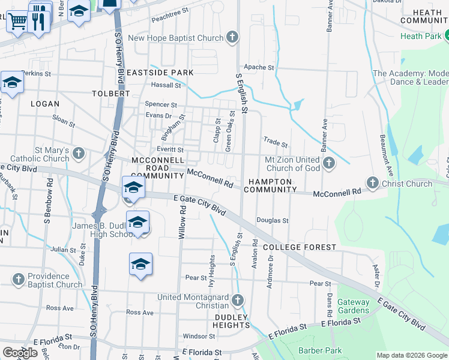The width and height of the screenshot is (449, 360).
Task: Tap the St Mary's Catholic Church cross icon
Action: [78, 154]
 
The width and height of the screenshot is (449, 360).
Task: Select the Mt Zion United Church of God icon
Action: [328, 163]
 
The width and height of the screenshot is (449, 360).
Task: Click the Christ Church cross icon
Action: [372, 183]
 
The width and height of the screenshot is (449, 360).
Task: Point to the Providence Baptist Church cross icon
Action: [18, 280]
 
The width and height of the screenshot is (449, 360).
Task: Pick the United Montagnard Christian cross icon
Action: [238, 301]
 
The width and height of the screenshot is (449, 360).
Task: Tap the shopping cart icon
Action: [18, 22]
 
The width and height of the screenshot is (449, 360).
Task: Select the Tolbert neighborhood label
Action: [110, 94]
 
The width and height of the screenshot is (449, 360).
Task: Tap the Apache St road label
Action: [259, 67]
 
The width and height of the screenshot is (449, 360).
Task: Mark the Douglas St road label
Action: [273, 221]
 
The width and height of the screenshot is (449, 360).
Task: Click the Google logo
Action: [20, 353]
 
